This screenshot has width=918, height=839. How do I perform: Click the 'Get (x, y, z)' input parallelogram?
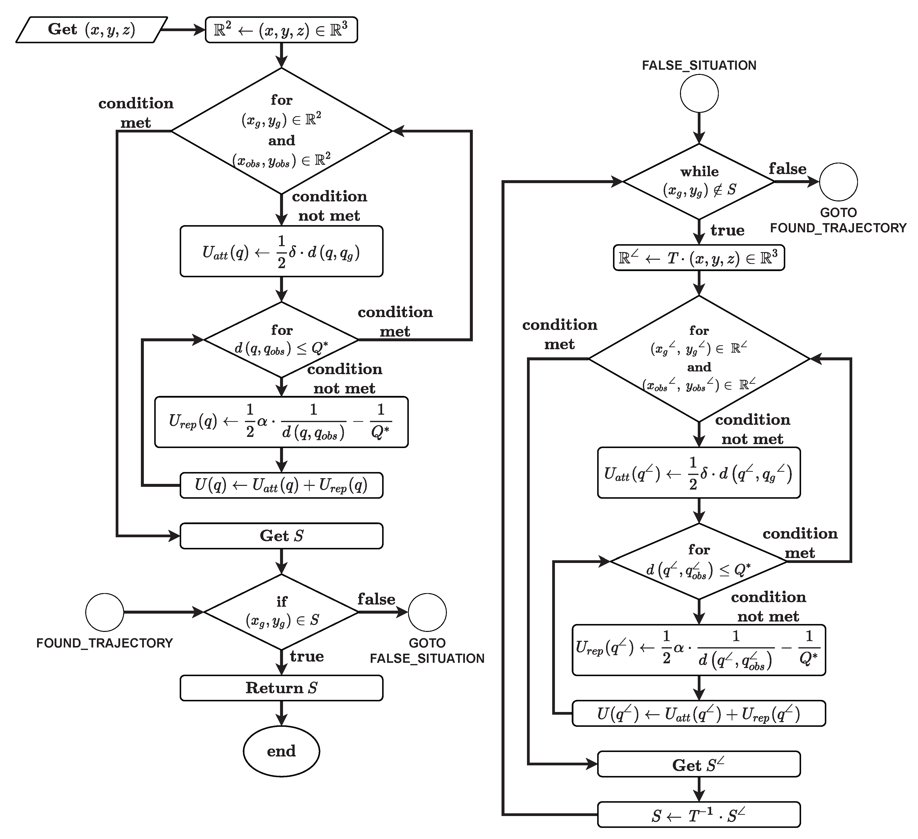coord(91,30)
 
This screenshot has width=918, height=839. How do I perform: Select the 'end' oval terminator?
coord(282,751)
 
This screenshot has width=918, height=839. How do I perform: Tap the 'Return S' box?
coord(282,688)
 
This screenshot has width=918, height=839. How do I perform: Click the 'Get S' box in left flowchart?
coord(282,536)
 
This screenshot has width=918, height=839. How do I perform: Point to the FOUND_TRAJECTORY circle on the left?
coord(105,612)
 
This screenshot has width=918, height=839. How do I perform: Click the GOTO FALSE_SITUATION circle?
coord(427,612)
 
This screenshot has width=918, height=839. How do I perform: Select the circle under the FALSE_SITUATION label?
coord(699,93)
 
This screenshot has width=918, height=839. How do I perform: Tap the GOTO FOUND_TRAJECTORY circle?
coord(838,182)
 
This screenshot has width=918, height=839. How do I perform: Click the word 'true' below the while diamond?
coord(727,230)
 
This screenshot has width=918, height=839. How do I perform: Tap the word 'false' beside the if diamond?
coord(376,599)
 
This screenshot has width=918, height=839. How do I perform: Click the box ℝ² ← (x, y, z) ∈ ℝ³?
coord(282,30)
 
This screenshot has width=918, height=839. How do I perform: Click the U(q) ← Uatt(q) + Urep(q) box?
coord(282,485)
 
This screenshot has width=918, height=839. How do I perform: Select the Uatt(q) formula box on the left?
coord(282,251)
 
